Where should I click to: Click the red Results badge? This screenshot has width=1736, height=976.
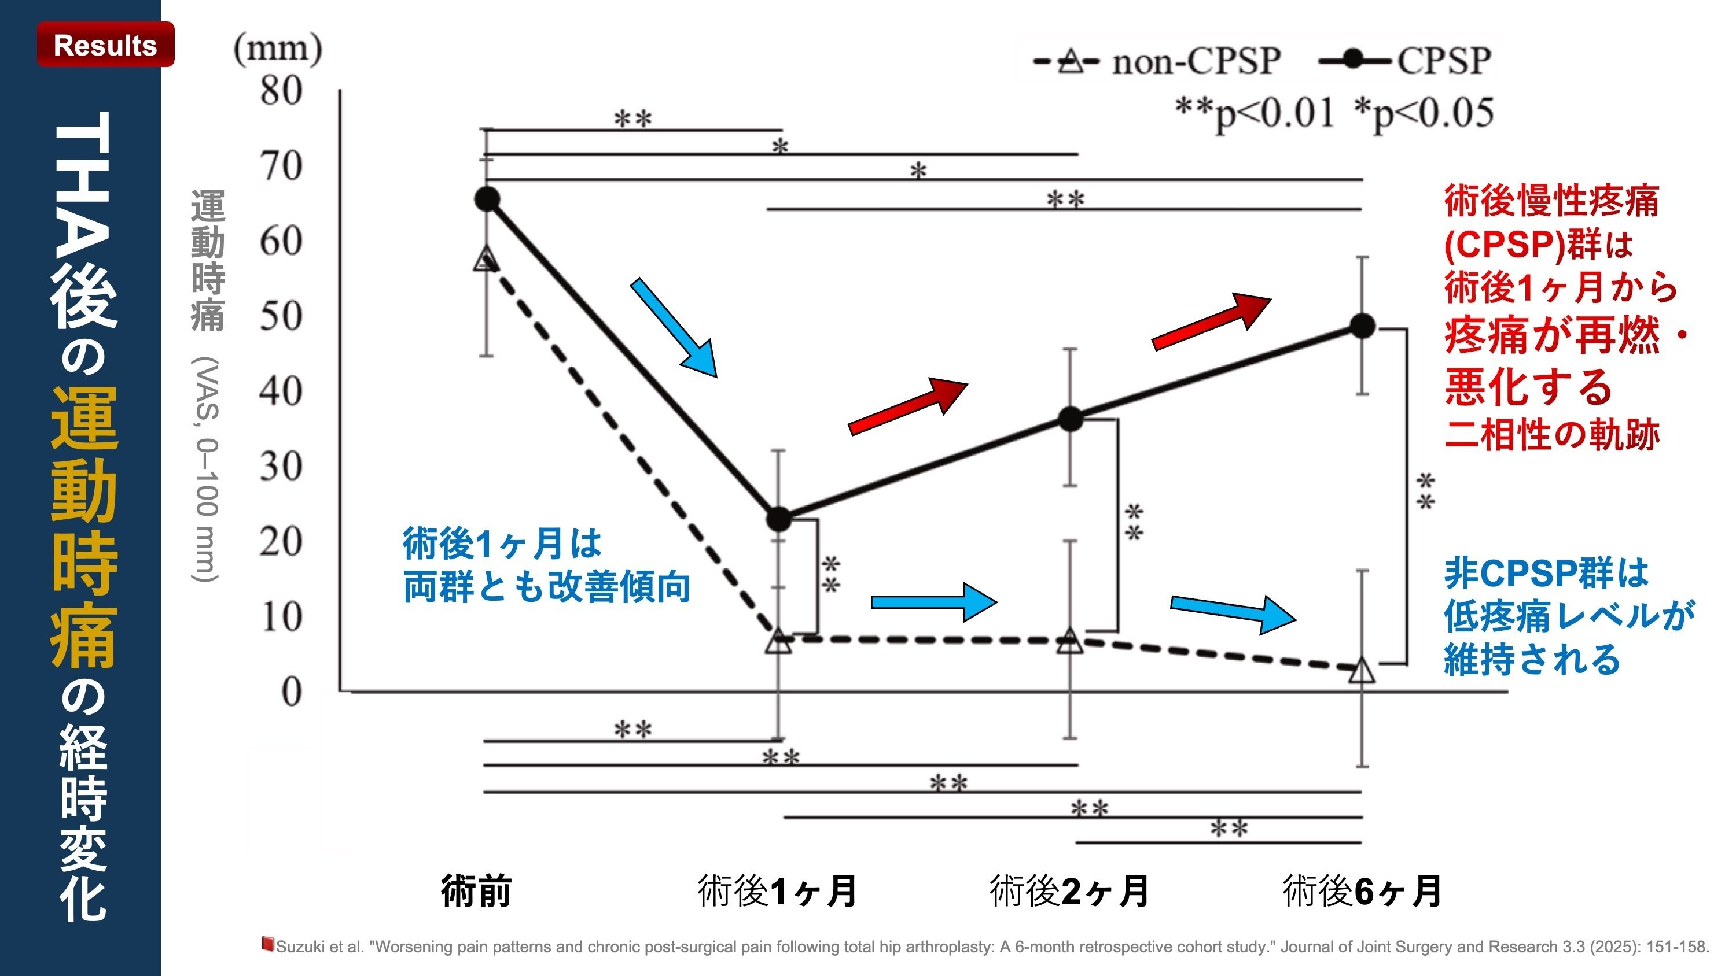click(105, 45)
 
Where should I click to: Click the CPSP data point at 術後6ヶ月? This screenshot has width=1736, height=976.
click(1362, 326)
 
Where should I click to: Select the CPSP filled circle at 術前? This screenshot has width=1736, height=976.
click(487, 199)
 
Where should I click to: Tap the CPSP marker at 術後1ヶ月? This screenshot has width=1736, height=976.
click(779, 519)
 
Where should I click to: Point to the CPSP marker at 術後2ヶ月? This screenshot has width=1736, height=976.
click(1070, 419)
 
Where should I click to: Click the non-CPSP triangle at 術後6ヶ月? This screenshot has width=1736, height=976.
click(1362, 670)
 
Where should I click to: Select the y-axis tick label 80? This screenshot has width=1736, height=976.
click(281, 90)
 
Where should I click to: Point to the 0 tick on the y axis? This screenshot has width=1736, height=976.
click(291, 691)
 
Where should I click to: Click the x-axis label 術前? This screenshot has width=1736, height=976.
click(476, 890)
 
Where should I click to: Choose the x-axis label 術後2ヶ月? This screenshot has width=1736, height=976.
click(1069, 890)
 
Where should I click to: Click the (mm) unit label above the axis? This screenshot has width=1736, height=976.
click(278, 49)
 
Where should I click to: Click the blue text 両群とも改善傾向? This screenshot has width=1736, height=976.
click(546, 587)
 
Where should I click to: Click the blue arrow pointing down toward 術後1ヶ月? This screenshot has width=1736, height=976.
click(674, 328)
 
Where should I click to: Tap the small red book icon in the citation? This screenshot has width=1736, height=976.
click(267, 944)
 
